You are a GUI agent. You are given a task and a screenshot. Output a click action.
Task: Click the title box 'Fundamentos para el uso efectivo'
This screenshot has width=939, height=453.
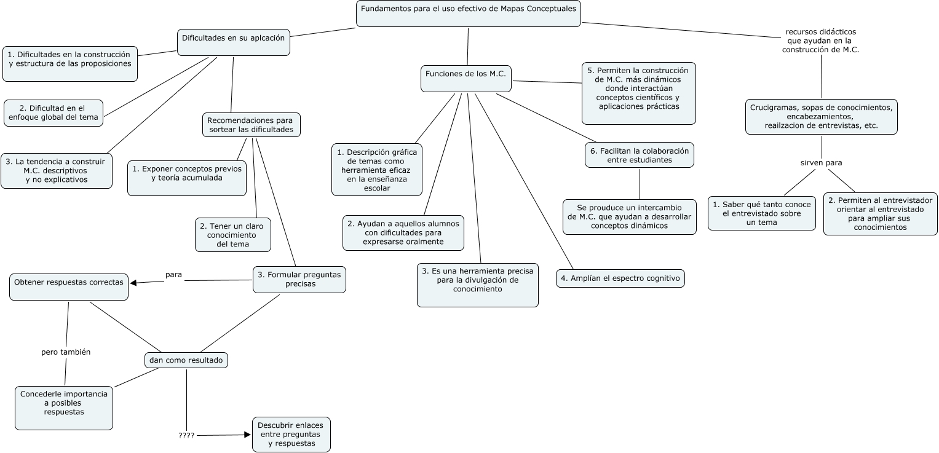(468, 14)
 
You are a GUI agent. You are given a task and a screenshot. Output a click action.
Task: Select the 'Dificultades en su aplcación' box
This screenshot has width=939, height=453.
(233, 42)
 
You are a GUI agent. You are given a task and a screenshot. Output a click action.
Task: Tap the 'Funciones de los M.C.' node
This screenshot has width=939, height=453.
(466, 78)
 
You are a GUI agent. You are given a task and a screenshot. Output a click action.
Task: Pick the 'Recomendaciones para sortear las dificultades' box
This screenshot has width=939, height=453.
(250, 125)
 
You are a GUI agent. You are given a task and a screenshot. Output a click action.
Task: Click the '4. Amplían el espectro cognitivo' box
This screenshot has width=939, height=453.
(620, 278)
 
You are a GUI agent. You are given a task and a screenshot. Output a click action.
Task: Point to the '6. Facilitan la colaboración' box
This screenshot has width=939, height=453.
(639, 155)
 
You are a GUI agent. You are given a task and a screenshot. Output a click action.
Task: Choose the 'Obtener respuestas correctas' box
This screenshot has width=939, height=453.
(69, 286)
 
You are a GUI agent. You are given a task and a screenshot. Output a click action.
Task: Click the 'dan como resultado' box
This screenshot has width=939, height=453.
(186, 360)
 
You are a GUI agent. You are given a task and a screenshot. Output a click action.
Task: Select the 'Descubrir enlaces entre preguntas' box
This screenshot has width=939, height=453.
(291, 435)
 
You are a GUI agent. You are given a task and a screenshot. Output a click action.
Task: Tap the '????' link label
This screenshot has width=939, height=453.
(186, 436)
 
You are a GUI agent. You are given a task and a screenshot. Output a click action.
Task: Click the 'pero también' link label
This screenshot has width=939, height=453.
(66, 352)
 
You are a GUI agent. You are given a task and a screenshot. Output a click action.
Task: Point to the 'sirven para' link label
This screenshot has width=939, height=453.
(821, 163)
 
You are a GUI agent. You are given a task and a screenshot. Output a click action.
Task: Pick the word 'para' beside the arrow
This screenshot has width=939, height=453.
(173, 275)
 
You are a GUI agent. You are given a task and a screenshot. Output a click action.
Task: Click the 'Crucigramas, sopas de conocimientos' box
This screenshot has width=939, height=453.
(821, 116)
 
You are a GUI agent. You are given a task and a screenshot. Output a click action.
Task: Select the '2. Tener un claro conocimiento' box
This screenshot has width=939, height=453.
(233, 235)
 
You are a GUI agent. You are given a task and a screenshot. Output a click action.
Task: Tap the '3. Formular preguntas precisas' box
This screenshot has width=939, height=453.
(299, 280)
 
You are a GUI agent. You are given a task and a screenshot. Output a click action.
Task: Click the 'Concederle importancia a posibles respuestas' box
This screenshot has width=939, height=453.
(64, 408)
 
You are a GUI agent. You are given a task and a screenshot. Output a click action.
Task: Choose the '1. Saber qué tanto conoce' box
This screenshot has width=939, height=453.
(761, 213)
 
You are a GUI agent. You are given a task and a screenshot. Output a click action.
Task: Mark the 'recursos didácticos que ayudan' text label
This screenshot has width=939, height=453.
(820, 41)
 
